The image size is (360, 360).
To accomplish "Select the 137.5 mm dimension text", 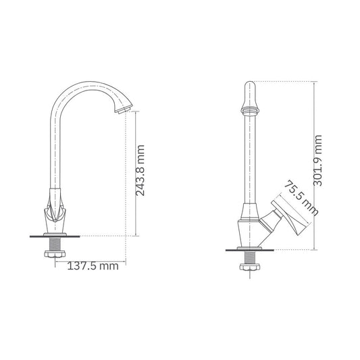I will (x=93, y=265).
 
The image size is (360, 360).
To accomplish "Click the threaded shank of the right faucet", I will (x=249, y=257).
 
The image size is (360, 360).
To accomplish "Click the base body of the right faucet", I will (x=247, y=230).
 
